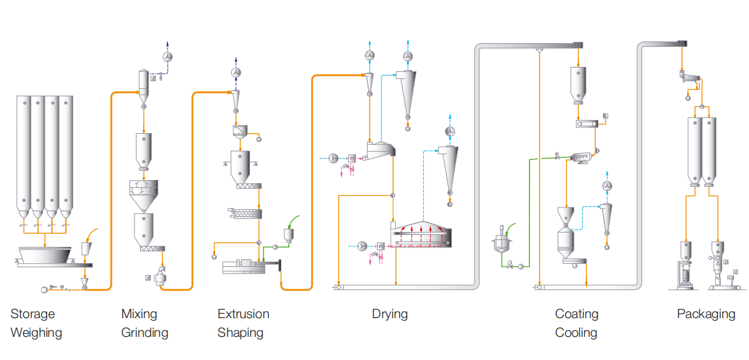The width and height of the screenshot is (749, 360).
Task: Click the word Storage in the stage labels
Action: tap(33, 314)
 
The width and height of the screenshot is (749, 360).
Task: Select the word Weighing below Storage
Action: tap(36, 332)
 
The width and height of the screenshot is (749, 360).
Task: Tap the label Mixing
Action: tap(139, 314)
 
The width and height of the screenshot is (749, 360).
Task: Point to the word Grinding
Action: tap(144, 332)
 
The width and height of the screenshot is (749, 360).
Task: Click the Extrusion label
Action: tap(243, 314)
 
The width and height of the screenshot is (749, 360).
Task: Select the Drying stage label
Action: tap(390, 314)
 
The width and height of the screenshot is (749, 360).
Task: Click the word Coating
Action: tap(576, 314)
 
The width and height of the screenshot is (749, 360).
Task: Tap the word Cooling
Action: tap(576, 332)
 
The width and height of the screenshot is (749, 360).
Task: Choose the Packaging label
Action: tap(706, 314)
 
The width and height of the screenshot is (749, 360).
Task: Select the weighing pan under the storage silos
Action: tap(44, 255)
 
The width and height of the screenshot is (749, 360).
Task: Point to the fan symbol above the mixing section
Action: tap(167, 57)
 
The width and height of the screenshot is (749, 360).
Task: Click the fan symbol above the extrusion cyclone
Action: tap(236, 73)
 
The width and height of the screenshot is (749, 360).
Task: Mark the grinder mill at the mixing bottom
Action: tap(161, 276)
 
